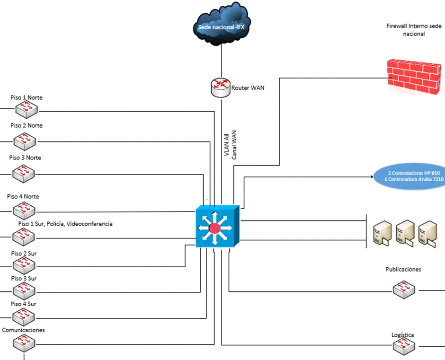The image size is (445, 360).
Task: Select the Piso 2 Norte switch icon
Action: (x=25, y=140)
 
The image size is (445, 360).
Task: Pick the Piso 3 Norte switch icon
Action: (x=24, y=174)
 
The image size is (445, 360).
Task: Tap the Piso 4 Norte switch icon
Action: (x=24, y=210)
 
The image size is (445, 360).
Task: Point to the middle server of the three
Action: (x=405, y=233)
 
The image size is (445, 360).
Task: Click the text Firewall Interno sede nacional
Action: (x=414, y=30)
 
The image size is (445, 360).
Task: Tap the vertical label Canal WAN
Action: (x=234, y=144)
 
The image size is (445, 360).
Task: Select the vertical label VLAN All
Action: (x=226, y=144)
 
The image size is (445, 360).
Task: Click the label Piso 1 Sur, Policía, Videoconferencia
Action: (x=65, y=223)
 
